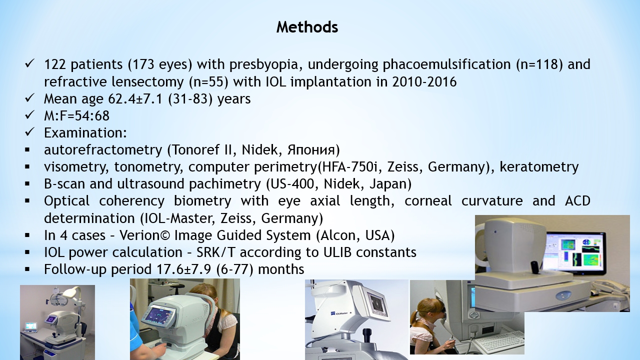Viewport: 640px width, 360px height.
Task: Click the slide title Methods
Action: pyautogui.click(x=307, y=27)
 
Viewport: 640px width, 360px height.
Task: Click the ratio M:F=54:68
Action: pyautogui.click(x=76, y=116)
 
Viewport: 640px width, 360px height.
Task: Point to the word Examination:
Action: pyautogui.click(x=85, y=133)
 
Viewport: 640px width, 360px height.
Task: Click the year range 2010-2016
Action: pyautogui.click(x=424, y=82)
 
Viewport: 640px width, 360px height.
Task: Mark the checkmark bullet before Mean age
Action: pyautogui.click(x=29, y=98)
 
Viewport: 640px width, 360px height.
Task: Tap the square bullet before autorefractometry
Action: pyautogui.click(x=27, y=149)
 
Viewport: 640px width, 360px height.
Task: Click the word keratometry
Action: pyautogui.click(x=539, y=167)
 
